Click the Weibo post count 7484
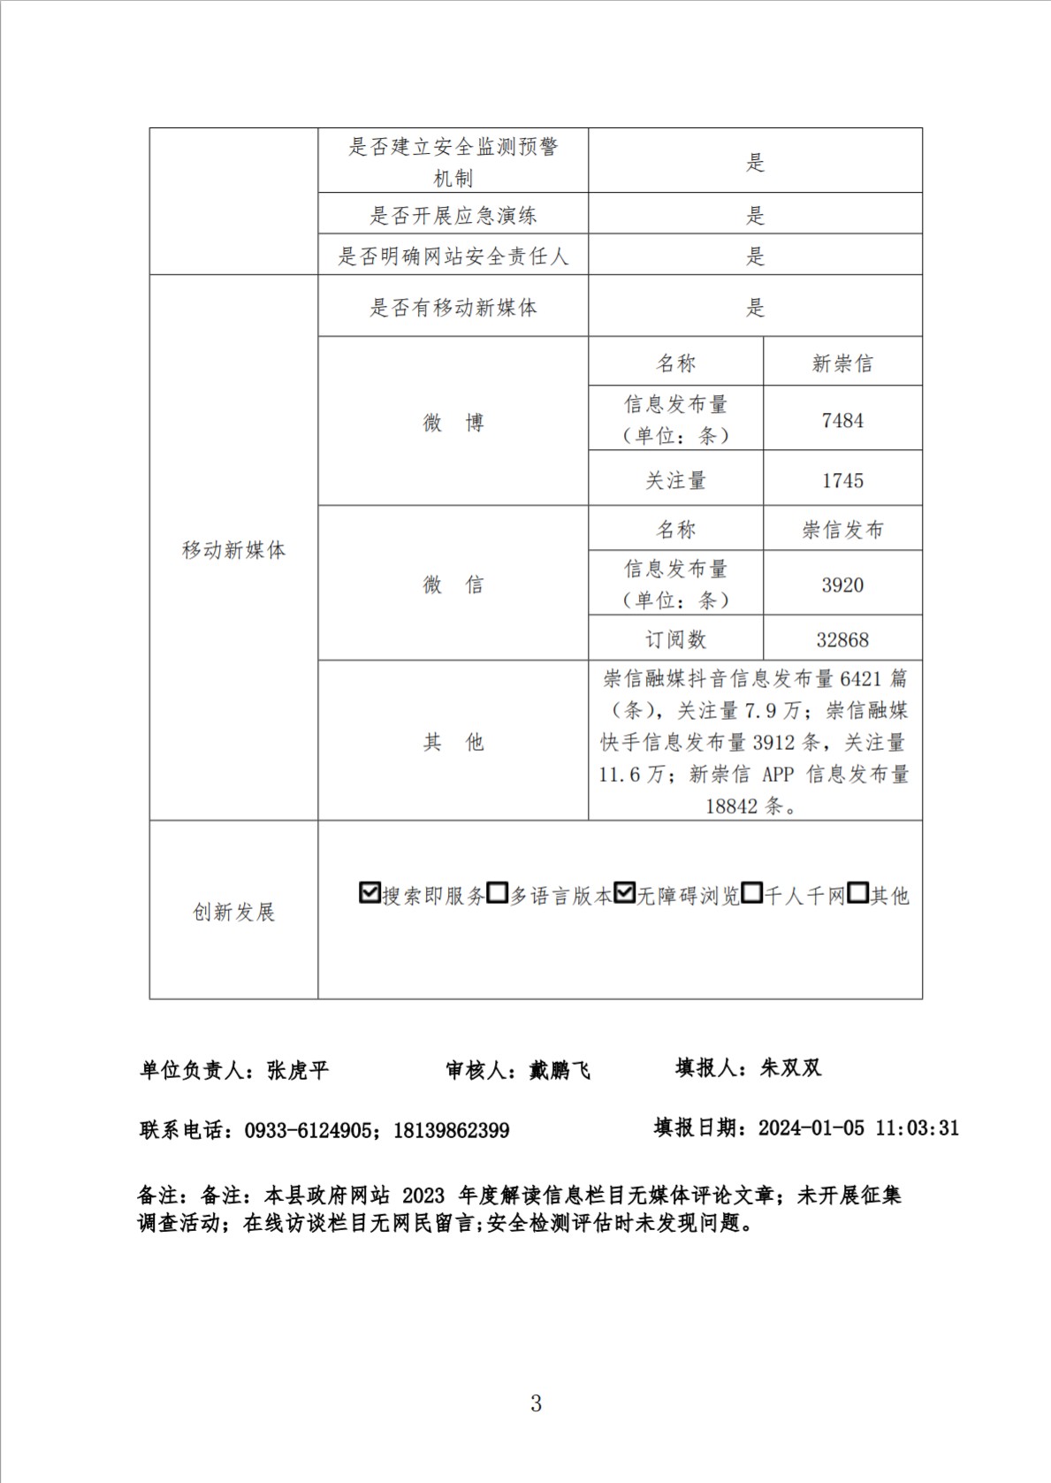coord(842,421)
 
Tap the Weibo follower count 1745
coord(842,481)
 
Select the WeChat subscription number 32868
coord(842,639)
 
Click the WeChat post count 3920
coord(842,585)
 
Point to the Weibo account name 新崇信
coord(842,363)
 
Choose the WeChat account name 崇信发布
coord(842,530)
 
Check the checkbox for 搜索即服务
coord(369,893)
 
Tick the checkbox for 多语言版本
coord(498,893)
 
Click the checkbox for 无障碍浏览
coord(625,893)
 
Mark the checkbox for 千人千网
coord(752,893)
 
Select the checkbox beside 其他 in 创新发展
coord(857,893)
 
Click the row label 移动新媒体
coord(233,550)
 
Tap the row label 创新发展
coord(233,912)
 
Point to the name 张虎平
coord(298,1070)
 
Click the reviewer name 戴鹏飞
coord(560,1070)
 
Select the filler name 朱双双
coord(791,1068)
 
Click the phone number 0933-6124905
coord(308,1130)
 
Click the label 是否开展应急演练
coord(453,215)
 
